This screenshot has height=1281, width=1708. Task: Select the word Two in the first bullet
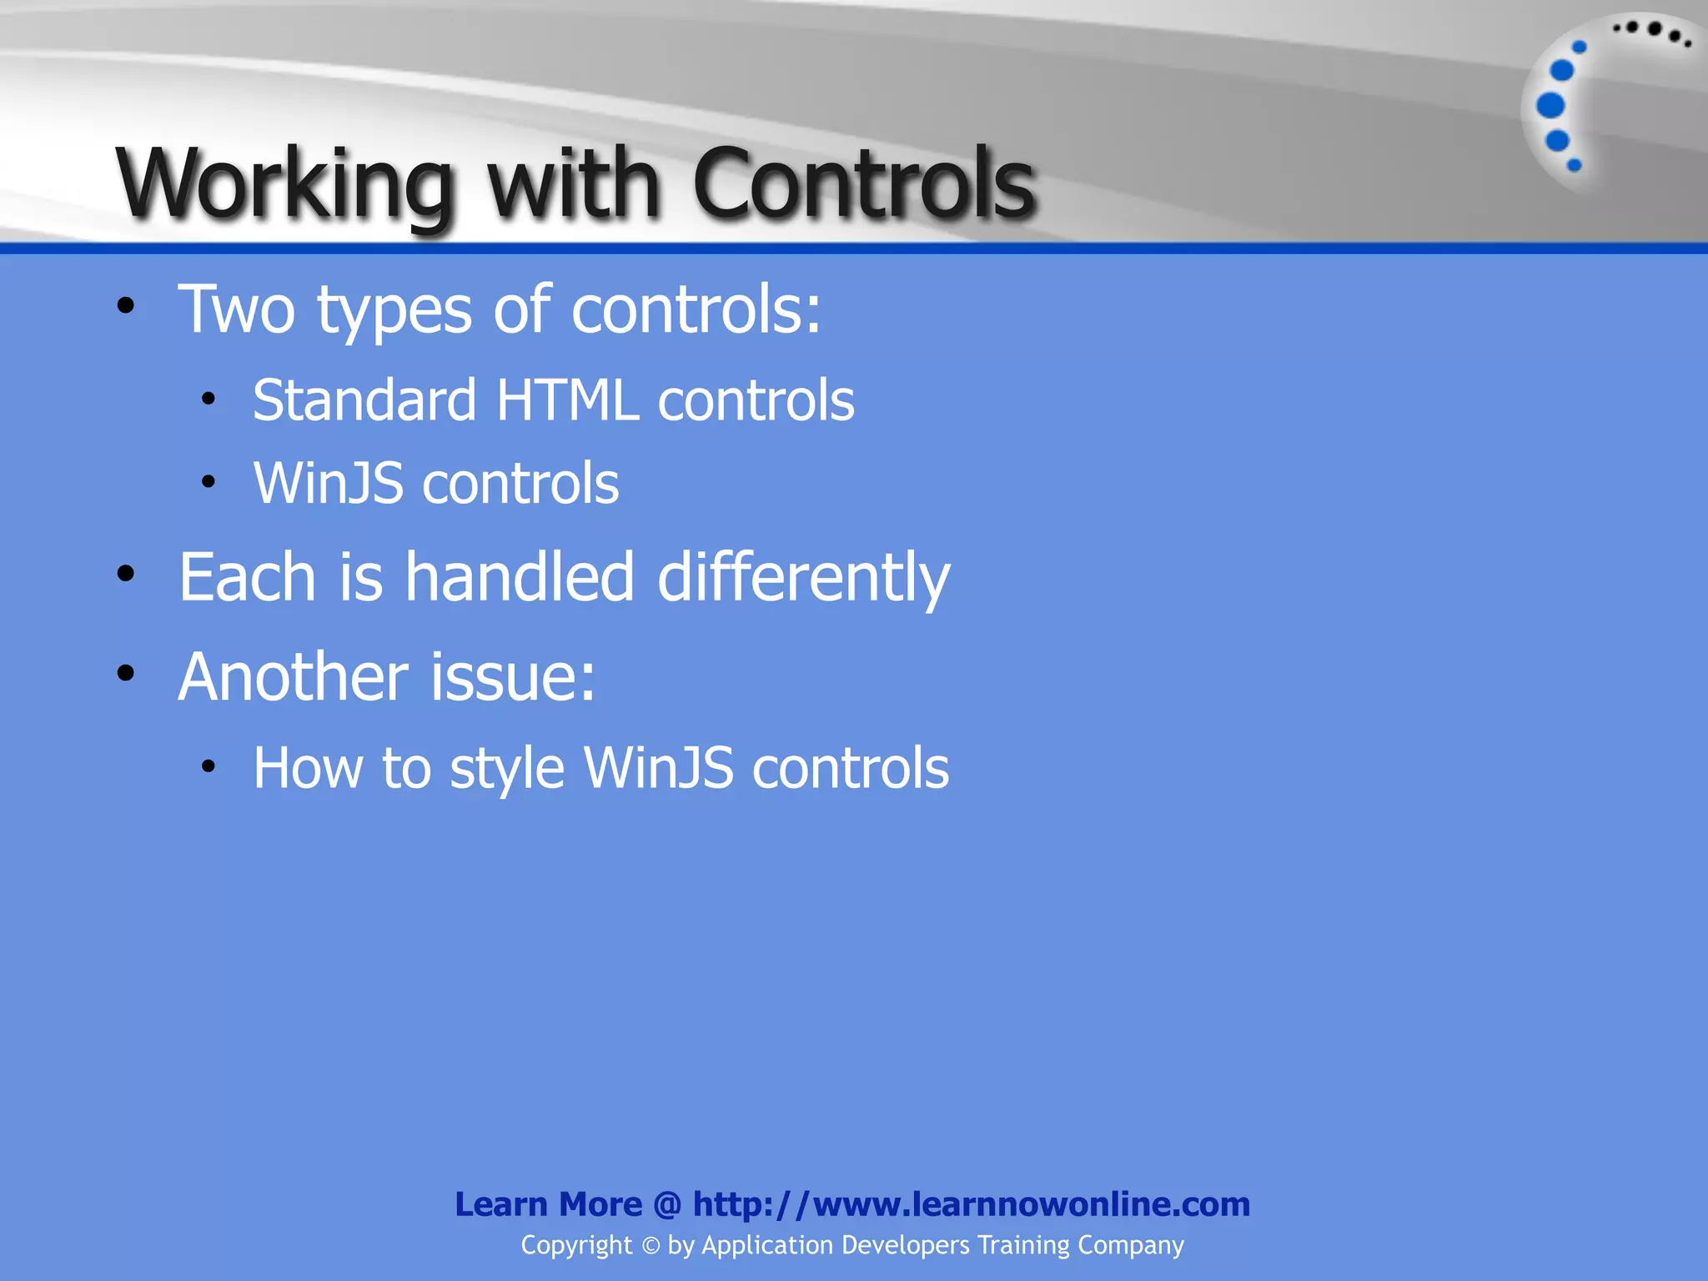pyautogui.click(x=237, y=309)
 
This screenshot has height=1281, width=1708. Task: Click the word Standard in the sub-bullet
pyautogui.click(x=364, y=400)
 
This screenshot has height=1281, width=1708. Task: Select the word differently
pyautogui.click(x=803, y=578)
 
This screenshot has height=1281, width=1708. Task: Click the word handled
pyautogui.click(x=520, y=577)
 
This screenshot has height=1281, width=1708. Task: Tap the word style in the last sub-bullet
pyautogui.click(x=507, y=769)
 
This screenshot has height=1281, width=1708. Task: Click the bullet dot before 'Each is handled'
pyautogui.click(x=126, y=574)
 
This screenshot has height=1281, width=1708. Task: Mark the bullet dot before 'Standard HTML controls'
pyautogui.click(x=208, y=399)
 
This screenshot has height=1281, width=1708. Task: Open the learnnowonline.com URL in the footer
pyautogui.click(x=971, y=1204)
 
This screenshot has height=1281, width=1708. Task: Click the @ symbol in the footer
pyautogui.click(x=667, y=1205)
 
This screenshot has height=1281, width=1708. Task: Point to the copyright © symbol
pyautogui.click(x=651, y=1246)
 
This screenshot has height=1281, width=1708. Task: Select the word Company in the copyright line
pyautogui.click(x=1130, y=1245)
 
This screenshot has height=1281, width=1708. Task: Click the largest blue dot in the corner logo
pyautogui.click(x=1550, y=105)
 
